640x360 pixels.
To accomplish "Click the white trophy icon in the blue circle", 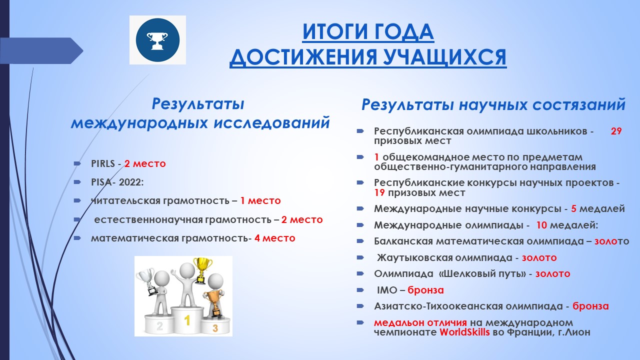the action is click(157, 40).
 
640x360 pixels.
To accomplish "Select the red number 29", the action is click(616, 131).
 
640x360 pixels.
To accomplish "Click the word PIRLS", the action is click(102, 163).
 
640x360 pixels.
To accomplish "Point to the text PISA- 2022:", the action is click(117, 182).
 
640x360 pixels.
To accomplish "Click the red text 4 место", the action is click(274, 238).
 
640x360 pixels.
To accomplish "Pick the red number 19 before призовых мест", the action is click(379, 193).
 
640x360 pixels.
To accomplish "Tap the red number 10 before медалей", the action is click(541, 225).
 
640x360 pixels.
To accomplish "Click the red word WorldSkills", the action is click(464, 332).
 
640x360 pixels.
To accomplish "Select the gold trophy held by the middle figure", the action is click(202, 270).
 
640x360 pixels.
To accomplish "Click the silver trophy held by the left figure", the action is click(146, 281).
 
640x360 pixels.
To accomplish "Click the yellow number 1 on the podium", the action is click(187, 320).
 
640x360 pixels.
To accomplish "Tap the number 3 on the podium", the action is click(215, 328).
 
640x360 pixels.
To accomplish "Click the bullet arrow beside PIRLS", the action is click(77, 163).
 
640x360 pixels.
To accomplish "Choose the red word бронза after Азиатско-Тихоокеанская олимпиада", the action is click(590, 306).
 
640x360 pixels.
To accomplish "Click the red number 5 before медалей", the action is click(573, 209).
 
